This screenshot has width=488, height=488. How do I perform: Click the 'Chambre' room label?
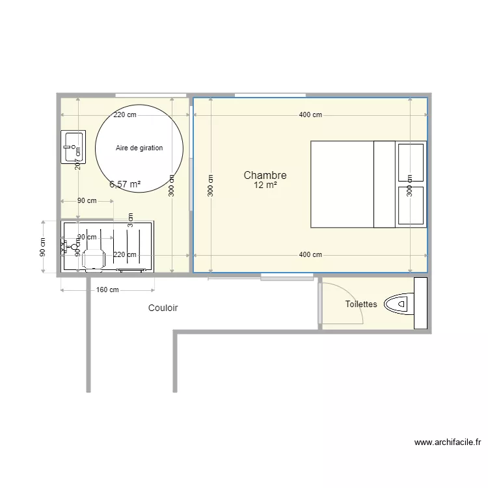tap(265, 175)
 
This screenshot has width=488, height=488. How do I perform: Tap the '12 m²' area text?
tap(265, 185)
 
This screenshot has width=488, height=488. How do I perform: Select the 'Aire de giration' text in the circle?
tap(139, 148)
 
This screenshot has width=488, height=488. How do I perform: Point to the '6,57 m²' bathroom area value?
tap(125, 184)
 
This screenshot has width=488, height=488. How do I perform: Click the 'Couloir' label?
tap(163, 308)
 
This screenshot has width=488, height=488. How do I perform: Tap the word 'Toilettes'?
tap(361, 304)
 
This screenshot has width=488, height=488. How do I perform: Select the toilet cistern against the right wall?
tap(420, 303)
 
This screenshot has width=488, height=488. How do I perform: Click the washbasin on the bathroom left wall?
tap(73, 146)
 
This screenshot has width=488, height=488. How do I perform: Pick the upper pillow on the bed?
tap(411, 162)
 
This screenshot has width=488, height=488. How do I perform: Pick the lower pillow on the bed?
tap(411, 206)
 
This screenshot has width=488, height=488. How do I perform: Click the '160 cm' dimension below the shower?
tap(108, 290)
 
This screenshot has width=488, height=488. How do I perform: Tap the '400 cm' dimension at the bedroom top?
tap(310, 115)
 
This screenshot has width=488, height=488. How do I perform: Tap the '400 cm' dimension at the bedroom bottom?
tap(310, 254)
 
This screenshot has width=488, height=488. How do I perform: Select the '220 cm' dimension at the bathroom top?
tap(125, 115)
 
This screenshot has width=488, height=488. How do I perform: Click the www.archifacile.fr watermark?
tap(448, 442)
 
